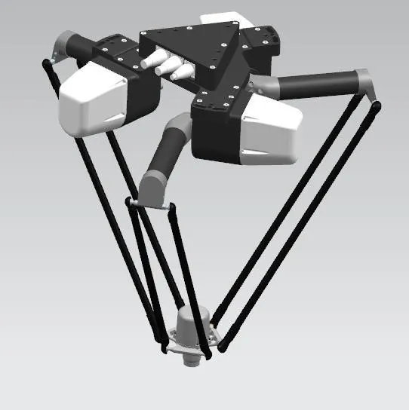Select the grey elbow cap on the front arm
[x=150, y=185]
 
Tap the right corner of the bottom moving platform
[x=220, y=344]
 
